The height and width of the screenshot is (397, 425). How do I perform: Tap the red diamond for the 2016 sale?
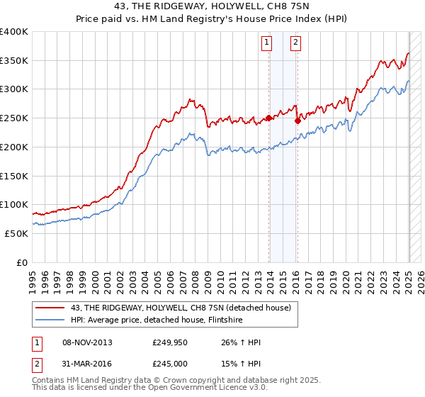point(297,121)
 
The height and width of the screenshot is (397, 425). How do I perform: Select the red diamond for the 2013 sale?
point(269,118)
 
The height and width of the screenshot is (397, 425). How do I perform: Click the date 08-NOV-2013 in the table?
point(87,342)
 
